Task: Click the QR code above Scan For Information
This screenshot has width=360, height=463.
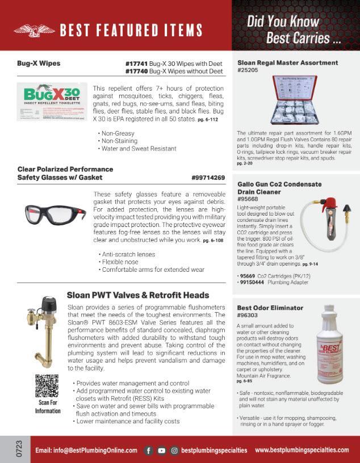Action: [47, 386]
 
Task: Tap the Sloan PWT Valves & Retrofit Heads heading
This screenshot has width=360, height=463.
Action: [138, 295]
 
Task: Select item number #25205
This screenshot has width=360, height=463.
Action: [248, 70]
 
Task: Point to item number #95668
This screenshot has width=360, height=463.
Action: [248, 199]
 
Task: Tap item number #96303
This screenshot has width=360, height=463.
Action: [248, 316]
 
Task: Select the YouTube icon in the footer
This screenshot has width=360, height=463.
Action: [162, 450]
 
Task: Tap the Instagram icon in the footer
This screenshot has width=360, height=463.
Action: [175, 450]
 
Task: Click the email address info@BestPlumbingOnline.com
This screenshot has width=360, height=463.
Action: [86, 450]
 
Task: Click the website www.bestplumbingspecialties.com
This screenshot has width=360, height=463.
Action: [302, 450]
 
